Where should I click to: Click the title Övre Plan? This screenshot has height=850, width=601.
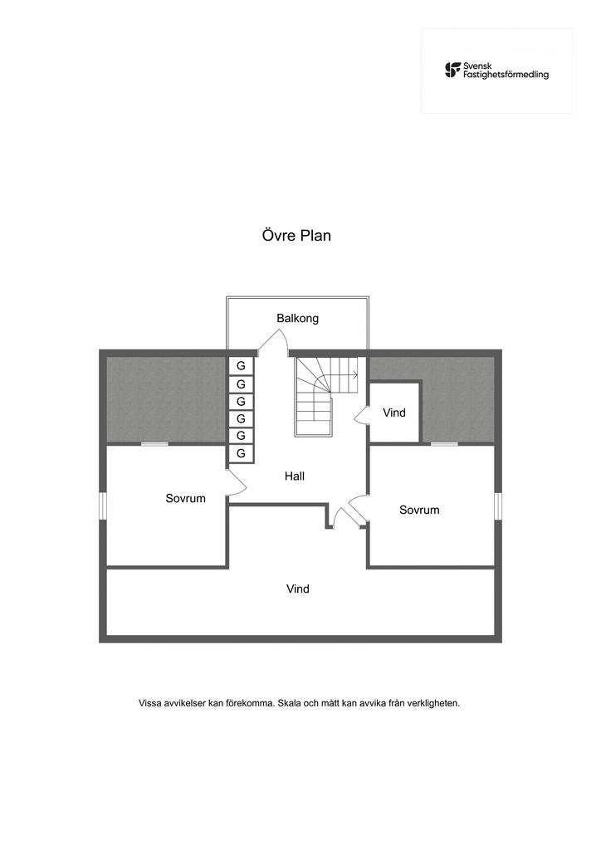[296, 236]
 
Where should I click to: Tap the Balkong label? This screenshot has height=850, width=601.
[297, 318]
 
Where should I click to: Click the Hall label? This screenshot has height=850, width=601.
[294, 476]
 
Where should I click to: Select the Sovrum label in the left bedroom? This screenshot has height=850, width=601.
[185, 498]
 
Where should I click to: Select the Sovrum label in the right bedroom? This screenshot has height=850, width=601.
[419, 510]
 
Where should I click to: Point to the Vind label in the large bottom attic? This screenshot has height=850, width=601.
[297, 589]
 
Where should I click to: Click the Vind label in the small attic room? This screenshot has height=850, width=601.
[394, 413]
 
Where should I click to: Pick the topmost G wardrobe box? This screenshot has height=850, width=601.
[241, 366]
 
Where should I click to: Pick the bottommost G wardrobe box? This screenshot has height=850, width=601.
[241, 453]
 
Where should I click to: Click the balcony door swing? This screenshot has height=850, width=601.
[272, 340]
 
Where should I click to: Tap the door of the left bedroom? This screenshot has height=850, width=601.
[236, 482]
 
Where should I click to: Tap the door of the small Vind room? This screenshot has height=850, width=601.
[361, 416]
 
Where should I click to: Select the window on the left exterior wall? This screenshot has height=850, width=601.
[103, 506]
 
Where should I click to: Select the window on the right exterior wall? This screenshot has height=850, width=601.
[498, 506]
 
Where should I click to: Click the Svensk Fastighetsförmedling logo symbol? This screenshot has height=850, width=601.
[452, 70]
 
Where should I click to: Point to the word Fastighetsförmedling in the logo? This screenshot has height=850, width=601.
[506, 75]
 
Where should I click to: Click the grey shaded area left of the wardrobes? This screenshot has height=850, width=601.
[165, 399]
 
